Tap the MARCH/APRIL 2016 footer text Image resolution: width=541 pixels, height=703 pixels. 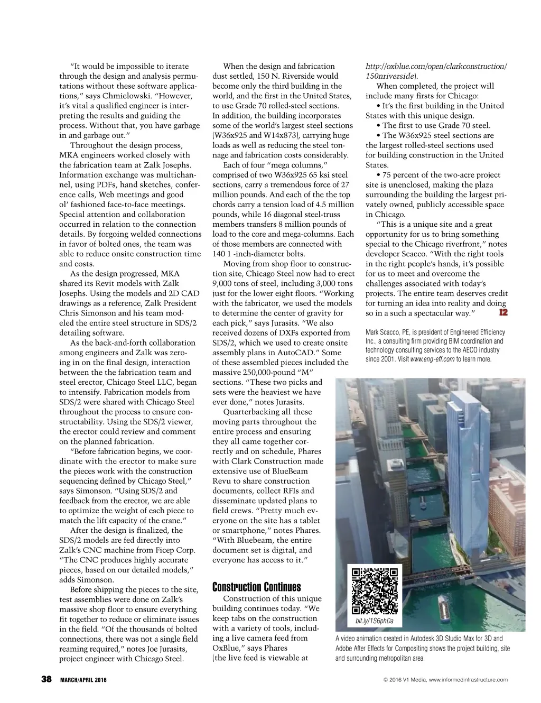[83, 680]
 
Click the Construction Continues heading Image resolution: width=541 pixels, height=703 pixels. [256, 587]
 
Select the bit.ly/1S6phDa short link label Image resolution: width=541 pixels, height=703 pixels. [375, 621]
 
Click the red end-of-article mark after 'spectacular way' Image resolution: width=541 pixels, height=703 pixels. [503, 312]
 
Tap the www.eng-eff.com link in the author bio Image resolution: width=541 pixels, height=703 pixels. [432, 359]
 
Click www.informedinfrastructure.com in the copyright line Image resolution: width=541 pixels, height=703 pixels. [468, 680]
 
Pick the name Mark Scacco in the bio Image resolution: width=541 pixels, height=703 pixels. [382, 332]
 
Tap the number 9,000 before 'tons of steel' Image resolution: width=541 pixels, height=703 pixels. [223, 283]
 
